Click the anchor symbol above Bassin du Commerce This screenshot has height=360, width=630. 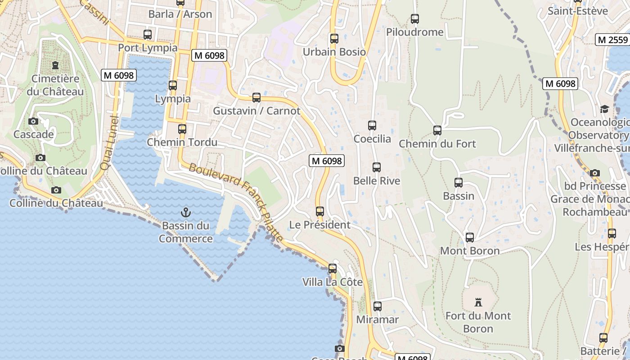coord(185,212)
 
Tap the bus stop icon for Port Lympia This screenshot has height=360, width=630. coord(147,35)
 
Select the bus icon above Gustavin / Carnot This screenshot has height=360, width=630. coord(256,98)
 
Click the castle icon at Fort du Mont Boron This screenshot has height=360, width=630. coord(478,302)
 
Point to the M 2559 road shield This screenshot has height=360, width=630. coord(612,40)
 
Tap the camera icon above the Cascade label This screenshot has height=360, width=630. coord(33,121)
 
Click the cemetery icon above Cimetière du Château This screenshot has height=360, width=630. coord(55,66)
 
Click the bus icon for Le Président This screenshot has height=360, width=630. coord(319,211)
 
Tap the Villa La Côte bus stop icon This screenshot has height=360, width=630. coord(333,269)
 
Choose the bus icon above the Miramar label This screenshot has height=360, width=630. coord(377,306)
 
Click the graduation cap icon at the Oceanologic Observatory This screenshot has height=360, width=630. coord(604,109)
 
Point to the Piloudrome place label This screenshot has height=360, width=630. coord(415,32)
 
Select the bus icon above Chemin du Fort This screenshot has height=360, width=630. coord(437,130)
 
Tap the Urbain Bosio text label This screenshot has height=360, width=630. coord(334,52)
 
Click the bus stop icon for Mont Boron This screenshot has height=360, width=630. coord(469,238)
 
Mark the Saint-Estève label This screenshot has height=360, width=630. coord(577,11)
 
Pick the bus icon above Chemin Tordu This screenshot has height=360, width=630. coord(182,129)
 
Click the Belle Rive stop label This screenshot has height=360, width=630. coord(377,181)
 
